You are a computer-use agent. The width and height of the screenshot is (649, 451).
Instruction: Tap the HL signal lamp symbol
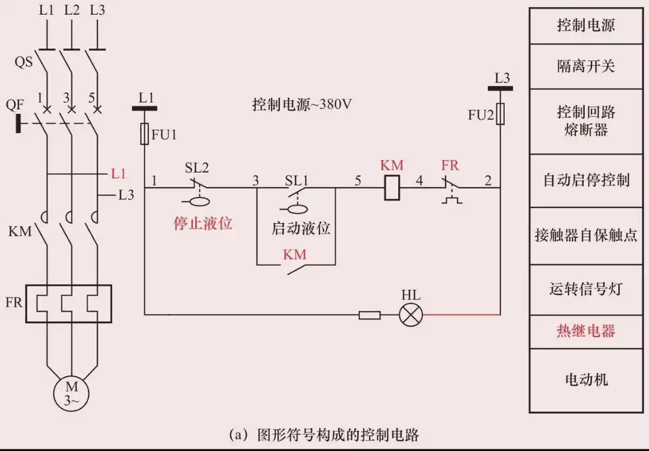(409, 315)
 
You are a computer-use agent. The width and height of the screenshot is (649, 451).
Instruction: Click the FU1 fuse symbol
(144, 134)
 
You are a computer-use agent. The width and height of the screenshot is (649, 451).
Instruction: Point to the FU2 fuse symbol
(500, 113)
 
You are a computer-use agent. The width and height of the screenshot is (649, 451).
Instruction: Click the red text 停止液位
(202, 224)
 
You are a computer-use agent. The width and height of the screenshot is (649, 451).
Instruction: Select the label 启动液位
(300, 228)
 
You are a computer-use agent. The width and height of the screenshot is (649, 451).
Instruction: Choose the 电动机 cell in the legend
(586, 379)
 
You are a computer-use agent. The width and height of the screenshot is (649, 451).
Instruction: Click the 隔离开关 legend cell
(586, 66)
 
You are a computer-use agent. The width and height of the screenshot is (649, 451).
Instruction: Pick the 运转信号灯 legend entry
(586, 290)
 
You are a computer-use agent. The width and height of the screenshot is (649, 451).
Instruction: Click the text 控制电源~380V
(302, 105)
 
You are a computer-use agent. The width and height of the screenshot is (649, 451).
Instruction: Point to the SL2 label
(197, 168)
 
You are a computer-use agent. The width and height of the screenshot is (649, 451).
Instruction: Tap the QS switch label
(24, 62)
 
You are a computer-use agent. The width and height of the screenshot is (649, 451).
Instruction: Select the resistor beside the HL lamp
(369, 315)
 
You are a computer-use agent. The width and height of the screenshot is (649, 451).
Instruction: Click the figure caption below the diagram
(324, 435)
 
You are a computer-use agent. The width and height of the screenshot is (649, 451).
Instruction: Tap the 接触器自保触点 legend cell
(586, 236)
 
